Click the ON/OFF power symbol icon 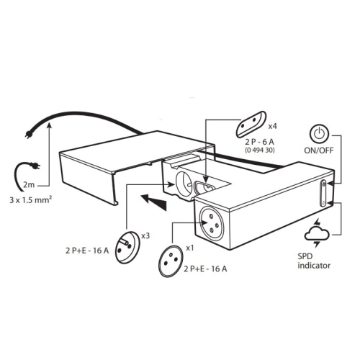point(318,134)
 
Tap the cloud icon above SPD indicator point(317,233)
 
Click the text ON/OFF point(319,150)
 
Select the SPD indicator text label point(314,261)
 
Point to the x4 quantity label point(272,126)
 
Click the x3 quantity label point(145,235)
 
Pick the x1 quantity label point(190,248)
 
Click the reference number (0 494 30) point(260,150)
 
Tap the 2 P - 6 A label point(259,142)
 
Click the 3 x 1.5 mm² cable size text point(31,199)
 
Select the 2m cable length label point(29,185)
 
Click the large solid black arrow point(153,202)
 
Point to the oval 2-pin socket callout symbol point(251,124)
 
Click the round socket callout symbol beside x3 point(127,248)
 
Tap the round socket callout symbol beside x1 point(171,261)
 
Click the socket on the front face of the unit point(212,223)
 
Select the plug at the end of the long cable point(29,135)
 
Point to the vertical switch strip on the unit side point(323,193)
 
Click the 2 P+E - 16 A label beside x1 point(205,269)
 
